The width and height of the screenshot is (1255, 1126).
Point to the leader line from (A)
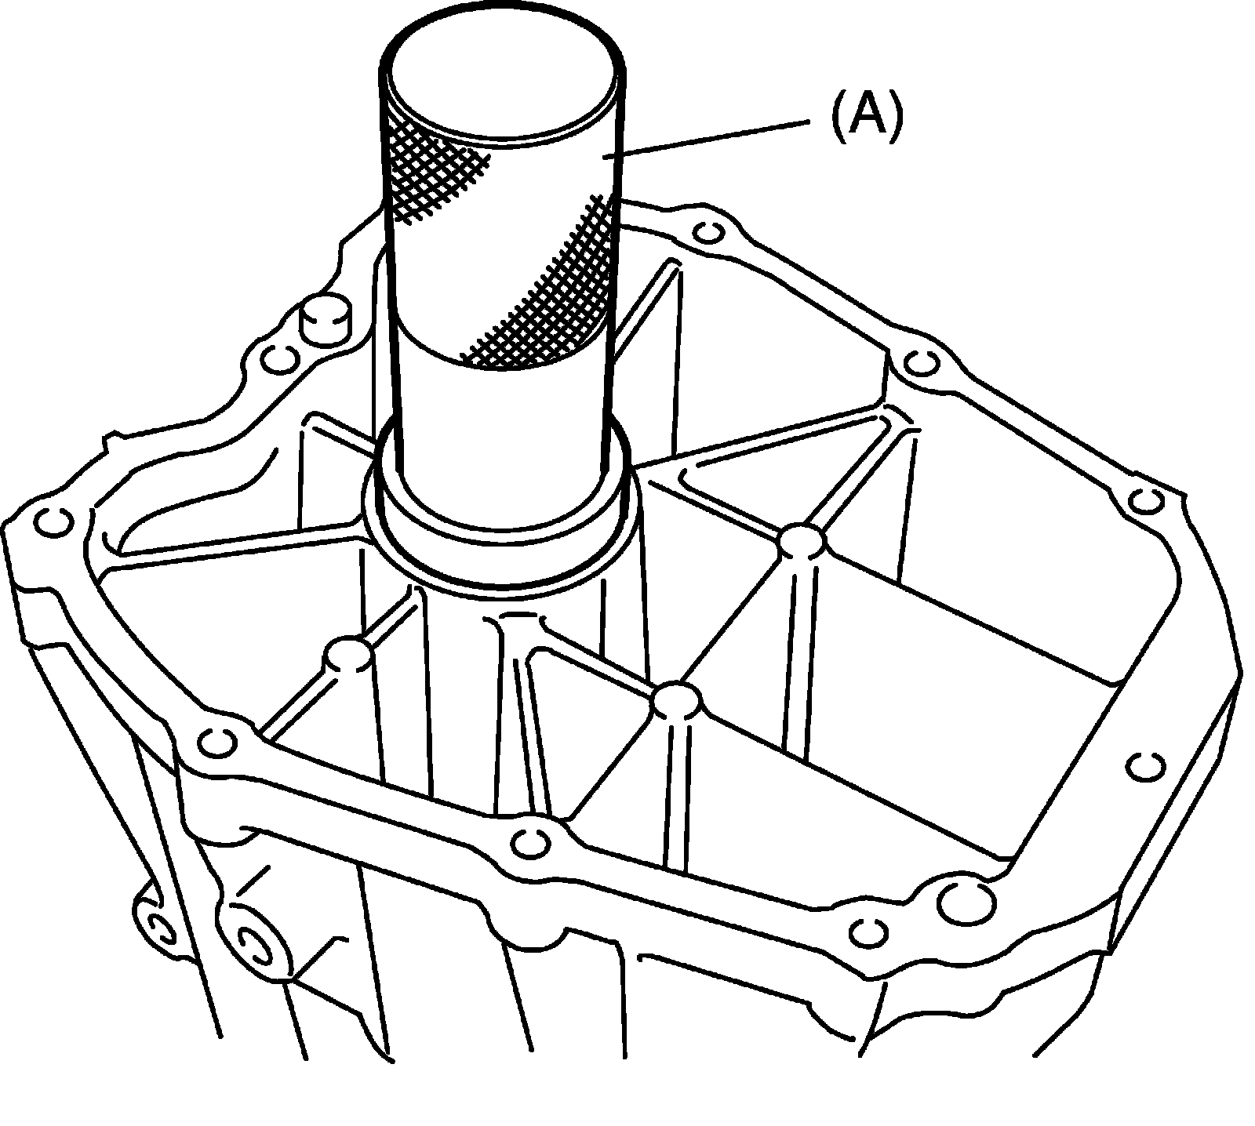706,139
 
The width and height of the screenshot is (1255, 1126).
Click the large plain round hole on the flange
965,902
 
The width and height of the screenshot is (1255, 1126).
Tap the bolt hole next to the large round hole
868,931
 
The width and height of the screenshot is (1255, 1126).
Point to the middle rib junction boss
676,700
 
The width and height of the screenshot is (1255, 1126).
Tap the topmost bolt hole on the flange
709,233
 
